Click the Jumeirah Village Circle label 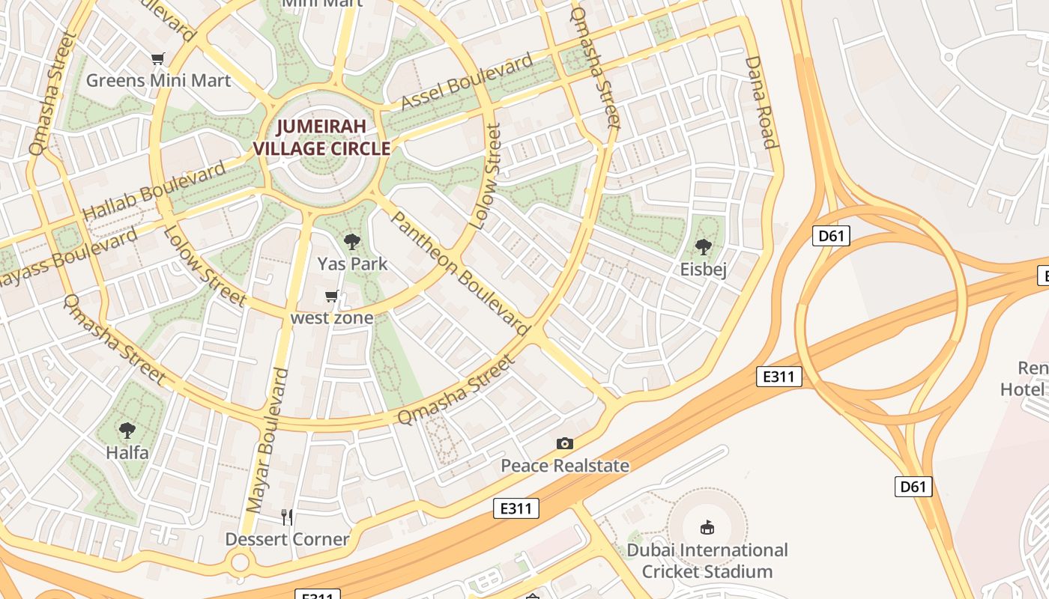pos(321,137)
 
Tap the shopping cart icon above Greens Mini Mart pos(157,59)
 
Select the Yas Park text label pos(352,264)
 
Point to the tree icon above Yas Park pos(351,242)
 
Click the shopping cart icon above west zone pos(332,297)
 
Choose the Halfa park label pos(127,452)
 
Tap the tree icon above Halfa pos(127,431)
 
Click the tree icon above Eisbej pos(703,247)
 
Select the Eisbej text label pos(703,270)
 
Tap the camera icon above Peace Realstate pos(565,444)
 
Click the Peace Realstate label pos(565,466)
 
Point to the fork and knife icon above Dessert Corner pos(287,517)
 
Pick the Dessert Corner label pos(287,539)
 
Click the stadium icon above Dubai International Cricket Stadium pos(707,528)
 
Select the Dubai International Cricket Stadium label pos(707,561)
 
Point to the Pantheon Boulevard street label pos(461,273)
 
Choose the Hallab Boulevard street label pos(154,190)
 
